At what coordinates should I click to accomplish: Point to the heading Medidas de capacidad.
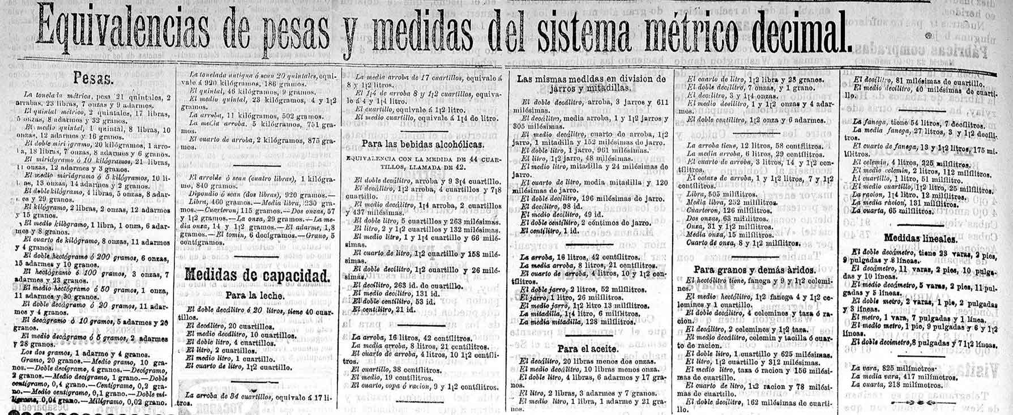click(x=257, y=276)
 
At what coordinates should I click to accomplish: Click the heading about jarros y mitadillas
click(x=591, y=84)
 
